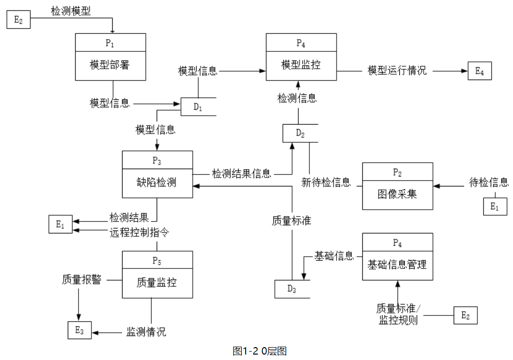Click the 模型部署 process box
(110, 57)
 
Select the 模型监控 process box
(301, 57)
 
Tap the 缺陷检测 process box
(157, 175)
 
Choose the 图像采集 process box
(397, 186)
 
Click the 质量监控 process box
(157, 274)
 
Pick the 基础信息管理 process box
(397, 257)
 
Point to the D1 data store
(198, 107)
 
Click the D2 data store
(300, 133)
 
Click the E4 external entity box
(479, 71)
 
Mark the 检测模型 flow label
(71, 11)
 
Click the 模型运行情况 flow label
(397, 71)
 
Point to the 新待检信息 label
(326, 182)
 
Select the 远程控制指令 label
(139, 232)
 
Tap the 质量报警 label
(82, 279)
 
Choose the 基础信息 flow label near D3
(334, 256)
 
